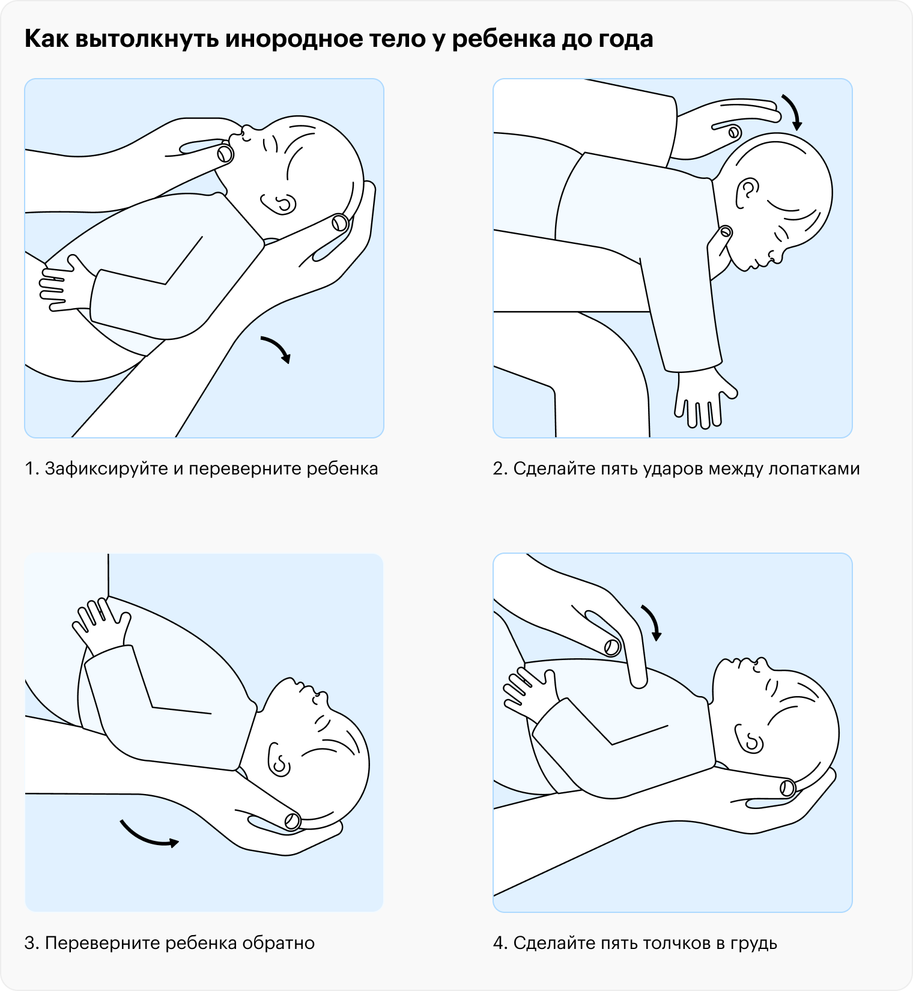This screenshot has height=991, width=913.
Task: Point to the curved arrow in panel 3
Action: point(147,837)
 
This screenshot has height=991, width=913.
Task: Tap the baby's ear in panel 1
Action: point(279,204)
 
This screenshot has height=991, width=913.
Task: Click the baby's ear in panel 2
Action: point(747,192)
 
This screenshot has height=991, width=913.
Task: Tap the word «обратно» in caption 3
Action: point(278,944)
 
